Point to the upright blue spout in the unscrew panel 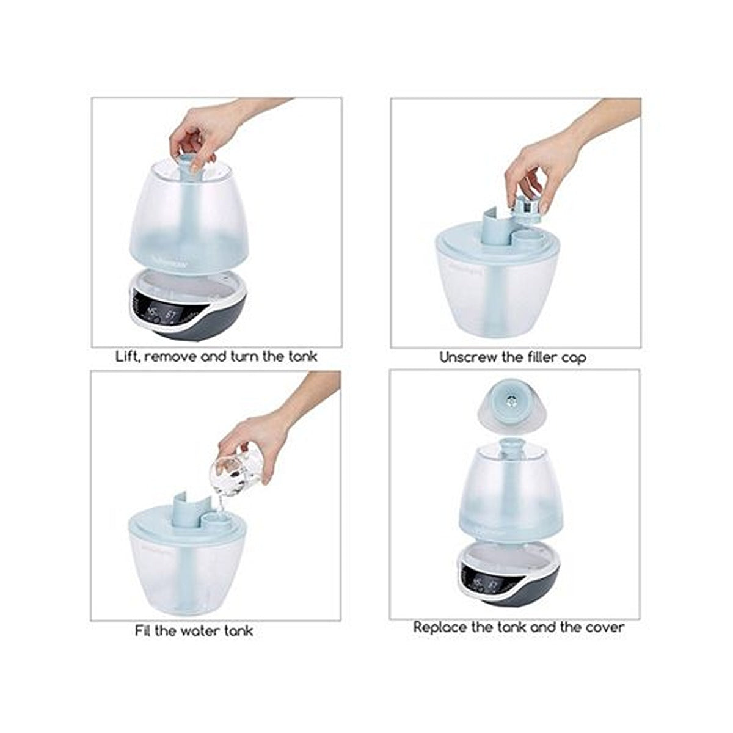click(494, 232)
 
